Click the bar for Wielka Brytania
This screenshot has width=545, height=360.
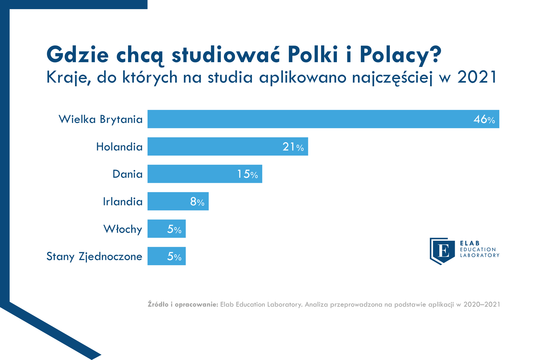tap(323, 119)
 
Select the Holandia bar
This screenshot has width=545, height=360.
tap(228, 146)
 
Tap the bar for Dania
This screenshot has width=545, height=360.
tap(205, 174)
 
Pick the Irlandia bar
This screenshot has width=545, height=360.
tap(178, 201)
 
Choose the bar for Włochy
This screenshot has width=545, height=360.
tap(167, 229)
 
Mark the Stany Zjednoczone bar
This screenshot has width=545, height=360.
tap(167, 256)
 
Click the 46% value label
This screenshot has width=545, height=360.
tap(484, 119)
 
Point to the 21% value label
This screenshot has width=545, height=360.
tap(293, 147)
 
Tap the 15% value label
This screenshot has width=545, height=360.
tap(248, 174)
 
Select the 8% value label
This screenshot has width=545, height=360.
tap(197, 202)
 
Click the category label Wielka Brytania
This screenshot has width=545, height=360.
tap(100, 120)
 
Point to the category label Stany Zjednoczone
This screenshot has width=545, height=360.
tap(94, 256)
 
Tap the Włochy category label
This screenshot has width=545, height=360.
tap(123, 229)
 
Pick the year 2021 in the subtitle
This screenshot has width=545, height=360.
tap(477, 77)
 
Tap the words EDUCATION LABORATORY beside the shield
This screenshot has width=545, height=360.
tap(480, 252)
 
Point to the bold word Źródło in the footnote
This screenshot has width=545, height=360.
tap(158, 304)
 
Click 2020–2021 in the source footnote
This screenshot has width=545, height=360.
tap(482, 304)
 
